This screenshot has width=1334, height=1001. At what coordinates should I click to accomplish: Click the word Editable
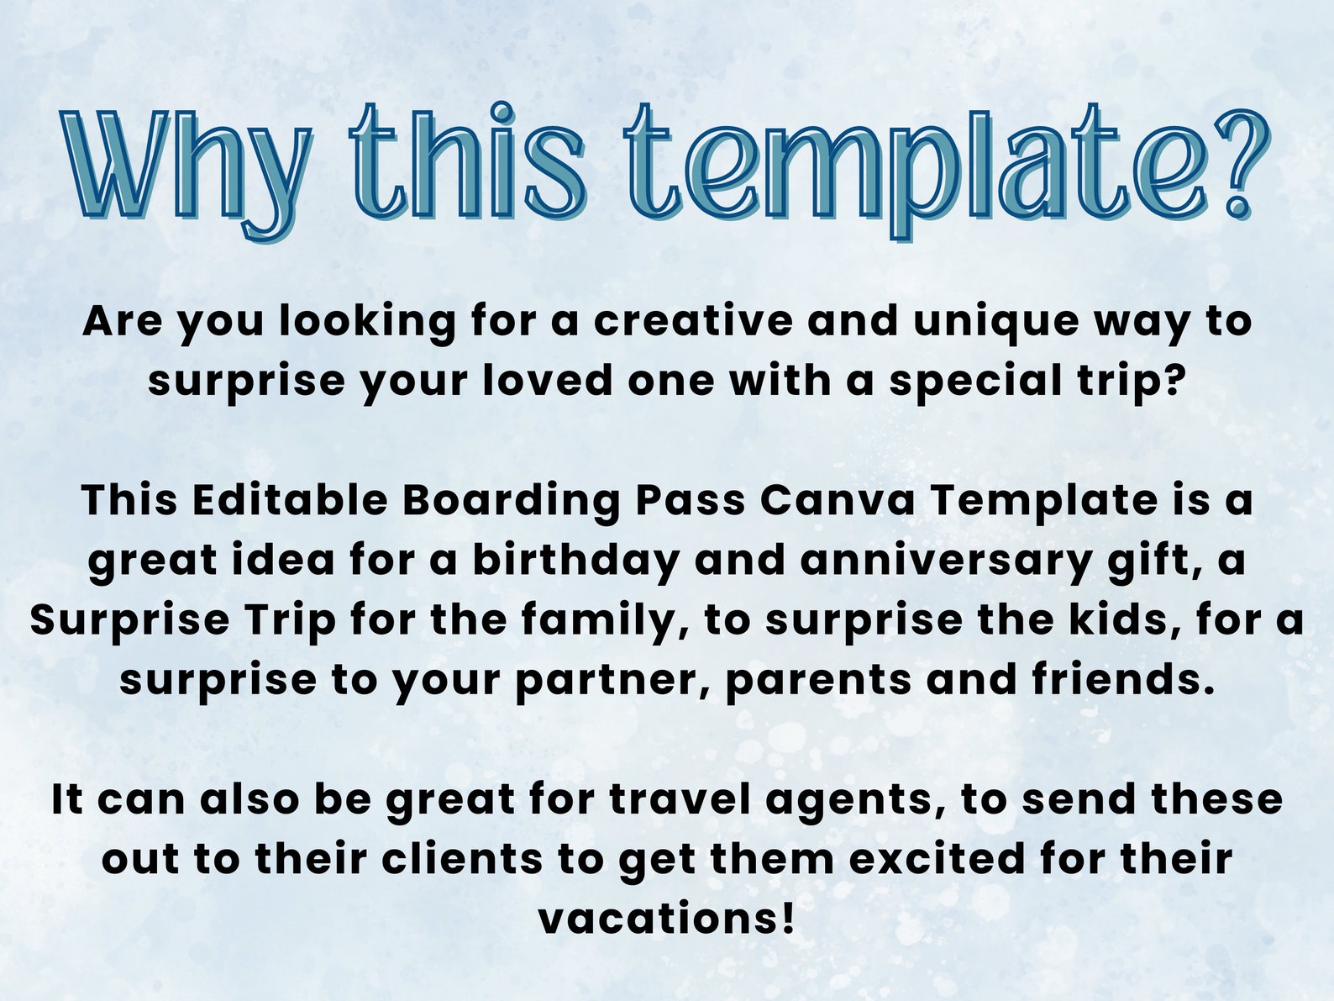pos(289,500)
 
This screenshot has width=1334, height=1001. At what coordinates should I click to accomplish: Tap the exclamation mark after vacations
pos(786,918)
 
